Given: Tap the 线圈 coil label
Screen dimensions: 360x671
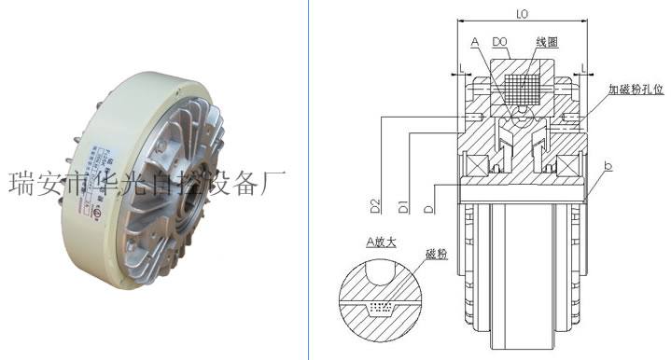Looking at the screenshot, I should (546, 42).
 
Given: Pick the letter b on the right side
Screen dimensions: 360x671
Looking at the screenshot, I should (608, 165).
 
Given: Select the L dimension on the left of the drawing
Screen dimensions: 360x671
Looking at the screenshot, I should (462, 68).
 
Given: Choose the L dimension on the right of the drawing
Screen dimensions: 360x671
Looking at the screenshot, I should (582, 68).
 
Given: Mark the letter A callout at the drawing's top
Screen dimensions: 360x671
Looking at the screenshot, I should (475, 42).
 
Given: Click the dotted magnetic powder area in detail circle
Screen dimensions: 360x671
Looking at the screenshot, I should (379, 306).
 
